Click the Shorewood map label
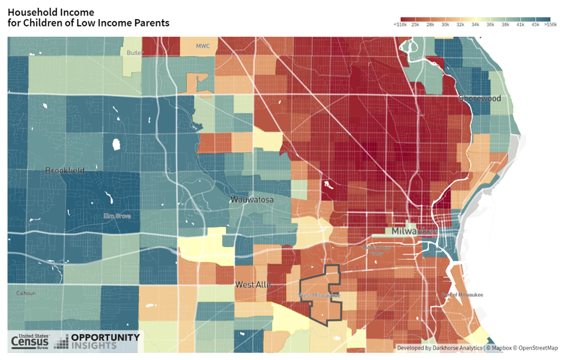click(480, 98)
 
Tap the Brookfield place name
click(65, 170)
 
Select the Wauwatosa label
click(251, 199)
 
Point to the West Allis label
click(254, 285)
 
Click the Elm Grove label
click(117, 216)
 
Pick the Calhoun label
click(25, 293)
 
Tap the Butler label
click(134, 53)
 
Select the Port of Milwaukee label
click(462, 294)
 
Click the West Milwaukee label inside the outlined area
click(320, 296)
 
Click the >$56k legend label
click(550, 24)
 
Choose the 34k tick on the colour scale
click(475, 24)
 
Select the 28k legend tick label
click(430, 24)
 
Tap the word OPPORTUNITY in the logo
click(105, 337)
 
